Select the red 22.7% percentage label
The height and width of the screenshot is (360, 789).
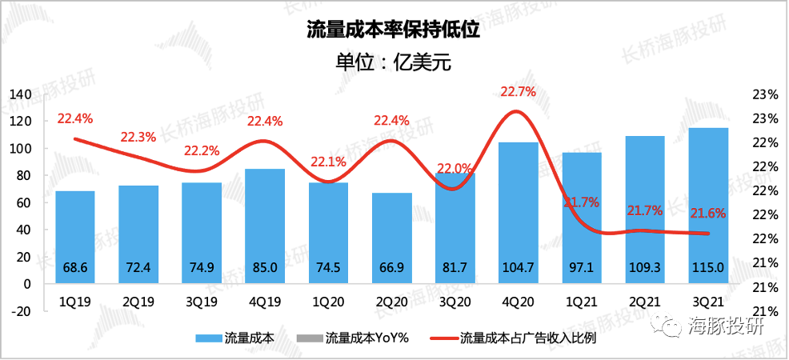pos(518,92)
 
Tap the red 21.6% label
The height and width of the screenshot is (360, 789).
pos(708,213)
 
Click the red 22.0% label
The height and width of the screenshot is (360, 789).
pos(455,169)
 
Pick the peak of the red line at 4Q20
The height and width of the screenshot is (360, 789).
pos(519,111)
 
